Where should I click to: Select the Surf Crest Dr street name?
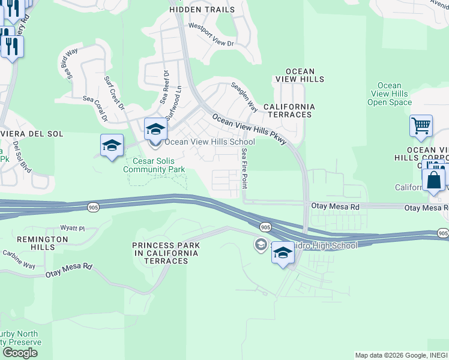pos(113,94)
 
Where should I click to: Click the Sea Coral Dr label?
pos(95,110)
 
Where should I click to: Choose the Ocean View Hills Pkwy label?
pos(250,129)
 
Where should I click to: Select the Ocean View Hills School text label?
pos(209,142)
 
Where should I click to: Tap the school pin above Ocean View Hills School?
pos(155,129)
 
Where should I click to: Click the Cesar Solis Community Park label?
pos(155,165)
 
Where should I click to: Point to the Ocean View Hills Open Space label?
pos(390,94)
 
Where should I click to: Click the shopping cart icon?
pos(421,127)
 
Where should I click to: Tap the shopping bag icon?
pos(433,179)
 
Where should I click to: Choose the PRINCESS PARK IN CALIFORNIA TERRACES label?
pos(166,253)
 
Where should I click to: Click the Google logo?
pos(20,352)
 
